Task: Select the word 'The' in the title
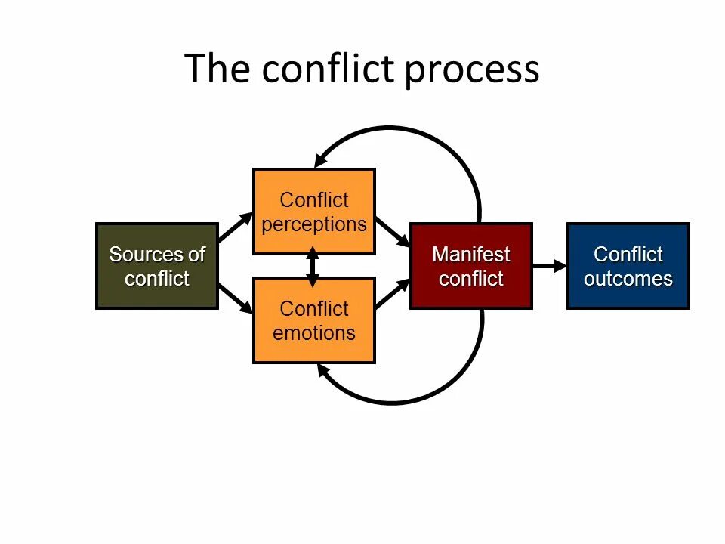(217, 69)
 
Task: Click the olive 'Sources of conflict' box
(157, 266)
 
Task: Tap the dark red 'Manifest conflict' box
(470, 266)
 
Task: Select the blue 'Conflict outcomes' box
(628, 266)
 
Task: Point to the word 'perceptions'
(313, 224)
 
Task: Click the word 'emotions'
(313, 333)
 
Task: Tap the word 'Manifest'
(470, 254)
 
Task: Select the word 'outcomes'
(628, 279)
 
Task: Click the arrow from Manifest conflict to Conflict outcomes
(549, 265)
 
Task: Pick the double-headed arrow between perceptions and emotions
(313, 266)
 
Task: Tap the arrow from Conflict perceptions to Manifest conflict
(392, 232)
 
